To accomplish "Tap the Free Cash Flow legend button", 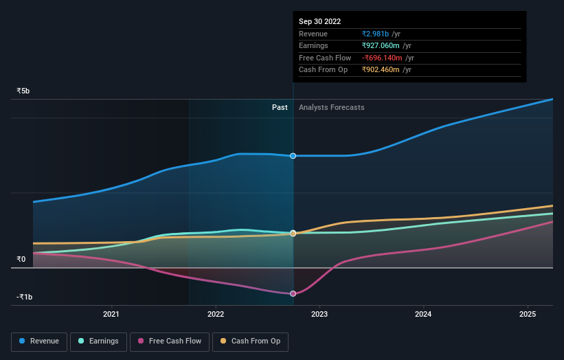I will point(170,341).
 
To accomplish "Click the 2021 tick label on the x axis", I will point(111,315).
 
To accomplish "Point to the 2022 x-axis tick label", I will point(215,315).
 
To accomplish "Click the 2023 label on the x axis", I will point(319,315).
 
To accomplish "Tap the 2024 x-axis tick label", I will point(424,315).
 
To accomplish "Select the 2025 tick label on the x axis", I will point(528,315).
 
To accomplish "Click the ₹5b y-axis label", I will point(23,91).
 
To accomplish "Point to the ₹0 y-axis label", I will point(21,259).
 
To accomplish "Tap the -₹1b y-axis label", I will point(25,297).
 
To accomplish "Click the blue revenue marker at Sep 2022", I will point(293,156).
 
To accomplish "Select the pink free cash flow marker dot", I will point(293,294).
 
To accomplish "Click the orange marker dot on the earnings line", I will point(293,234).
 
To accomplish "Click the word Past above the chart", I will point(280,107).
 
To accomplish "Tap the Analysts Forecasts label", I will point(331,107).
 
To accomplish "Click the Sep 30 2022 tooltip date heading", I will point(319,22).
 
